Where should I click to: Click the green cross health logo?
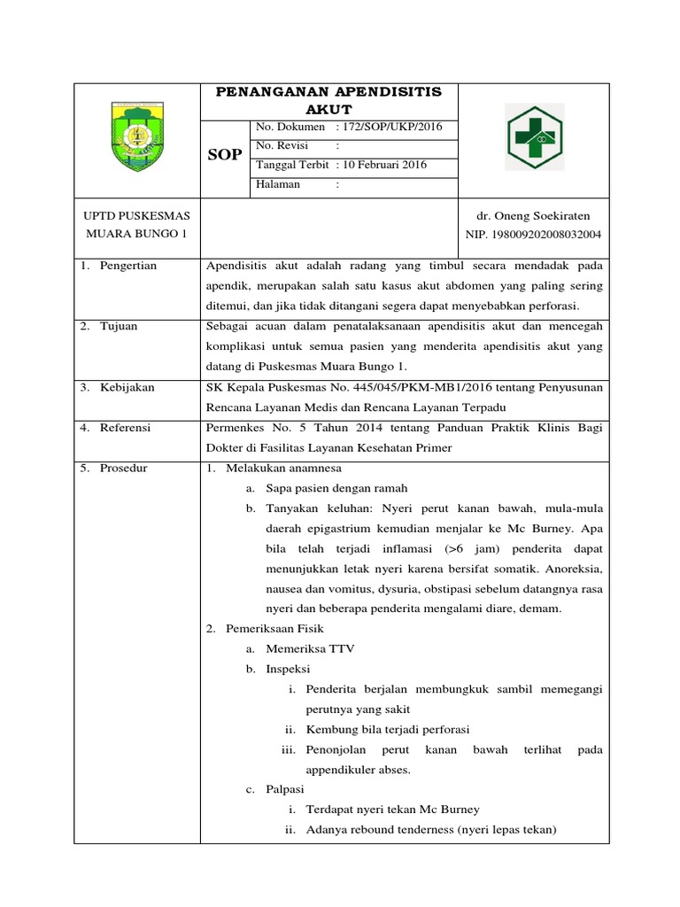pos(534,137)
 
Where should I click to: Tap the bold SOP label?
pos(224,155)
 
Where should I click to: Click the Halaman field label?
pos(278,184)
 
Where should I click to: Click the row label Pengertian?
pos(128,265)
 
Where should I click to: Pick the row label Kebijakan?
pos(128,388)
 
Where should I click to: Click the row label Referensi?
pos(126,427)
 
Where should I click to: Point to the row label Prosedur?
pos(125,468)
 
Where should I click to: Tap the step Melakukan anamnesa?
pos(283,468)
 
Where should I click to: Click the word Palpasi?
pos(286,789)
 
